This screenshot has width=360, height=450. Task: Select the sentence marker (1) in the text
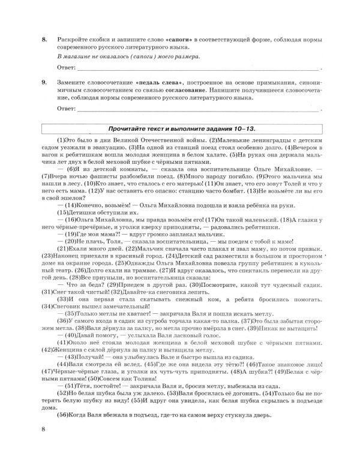(62, 139)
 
